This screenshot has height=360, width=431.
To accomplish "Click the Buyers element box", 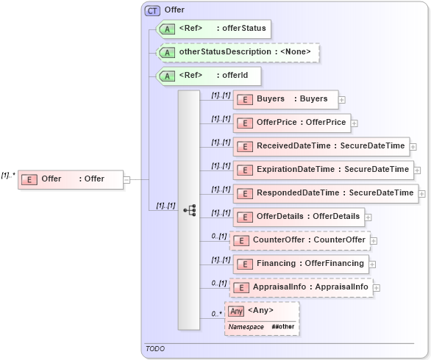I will point(285,99).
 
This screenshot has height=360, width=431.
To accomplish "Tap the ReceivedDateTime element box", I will point(321,146).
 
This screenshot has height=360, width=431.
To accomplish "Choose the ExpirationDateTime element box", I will point(323,170).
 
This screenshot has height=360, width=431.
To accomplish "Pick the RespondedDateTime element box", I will point(325,193).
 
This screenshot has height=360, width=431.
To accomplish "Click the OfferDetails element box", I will point(299,217).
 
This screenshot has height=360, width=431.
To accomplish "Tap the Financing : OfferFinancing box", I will point(301,264).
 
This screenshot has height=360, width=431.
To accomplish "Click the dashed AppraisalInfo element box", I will point(301,287).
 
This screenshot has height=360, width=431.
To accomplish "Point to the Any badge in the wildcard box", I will point(236,311).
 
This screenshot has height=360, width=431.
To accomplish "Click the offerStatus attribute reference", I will point(214,29).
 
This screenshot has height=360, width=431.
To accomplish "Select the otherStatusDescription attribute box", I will point(238,53).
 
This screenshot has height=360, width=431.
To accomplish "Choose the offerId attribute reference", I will point(209,76).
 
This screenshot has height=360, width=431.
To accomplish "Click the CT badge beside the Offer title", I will point(152,10).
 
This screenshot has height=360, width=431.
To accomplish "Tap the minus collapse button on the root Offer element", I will point(127,179).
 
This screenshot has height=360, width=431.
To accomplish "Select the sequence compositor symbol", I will point(189,210).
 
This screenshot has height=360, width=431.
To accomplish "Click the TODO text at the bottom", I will point(155,349).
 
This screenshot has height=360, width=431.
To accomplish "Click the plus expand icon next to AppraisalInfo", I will point(377,288).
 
